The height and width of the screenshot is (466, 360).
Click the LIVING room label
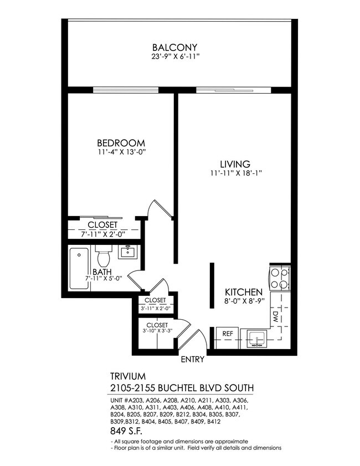(235, 164)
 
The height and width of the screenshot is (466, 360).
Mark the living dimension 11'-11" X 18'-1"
(235, 173)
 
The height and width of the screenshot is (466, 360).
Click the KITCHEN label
(243, 292)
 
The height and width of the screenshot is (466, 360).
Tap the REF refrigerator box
(227, 334)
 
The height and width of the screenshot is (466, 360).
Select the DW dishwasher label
(275, 316)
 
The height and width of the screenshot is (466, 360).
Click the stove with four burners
(280, 278)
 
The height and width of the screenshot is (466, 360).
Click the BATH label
(102, 272)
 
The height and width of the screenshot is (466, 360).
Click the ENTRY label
(193, 359)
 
